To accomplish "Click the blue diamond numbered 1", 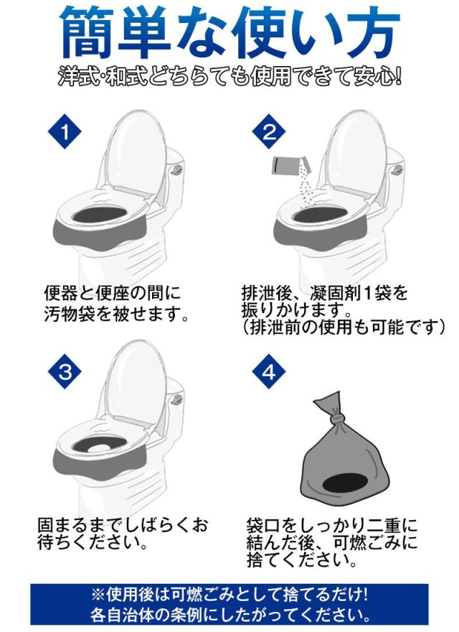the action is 65,131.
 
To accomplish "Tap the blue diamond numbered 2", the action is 270,131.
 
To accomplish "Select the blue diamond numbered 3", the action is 65,371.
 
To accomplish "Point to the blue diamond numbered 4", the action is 270,371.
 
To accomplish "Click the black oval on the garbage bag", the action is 346,483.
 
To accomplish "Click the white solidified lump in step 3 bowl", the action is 98,448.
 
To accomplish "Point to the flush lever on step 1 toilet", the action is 176,169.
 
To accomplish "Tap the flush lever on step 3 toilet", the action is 176,399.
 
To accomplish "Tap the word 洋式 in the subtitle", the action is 77,77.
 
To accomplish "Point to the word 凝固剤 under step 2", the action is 336,293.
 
